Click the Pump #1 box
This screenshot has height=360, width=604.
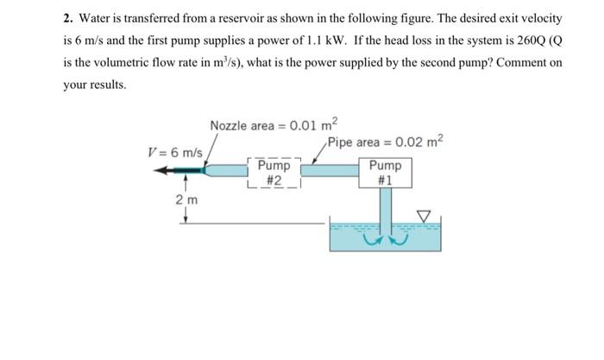pos(385,172)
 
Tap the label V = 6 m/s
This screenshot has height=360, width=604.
pos(174,152)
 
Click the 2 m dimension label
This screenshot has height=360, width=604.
pos(185,200)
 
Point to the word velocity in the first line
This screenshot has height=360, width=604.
pos(541,18)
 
